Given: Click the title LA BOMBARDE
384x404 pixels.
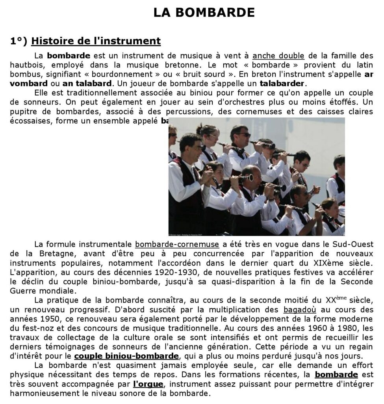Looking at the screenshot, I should pyautogui.click(x=204, y=12).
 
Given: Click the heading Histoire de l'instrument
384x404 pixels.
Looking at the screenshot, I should pyautogui.click(x=96, y=41).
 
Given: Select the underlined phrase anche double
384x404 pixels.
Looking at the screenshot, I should pyautogui.click(x=278, y=56).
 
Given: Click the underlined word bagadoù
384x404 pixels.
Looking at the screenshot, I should pyautogui.click(x=299, y=310).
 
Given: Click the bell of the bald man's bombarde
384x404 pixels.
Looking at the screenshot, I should pyautogui.click(x=249, y=178).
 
